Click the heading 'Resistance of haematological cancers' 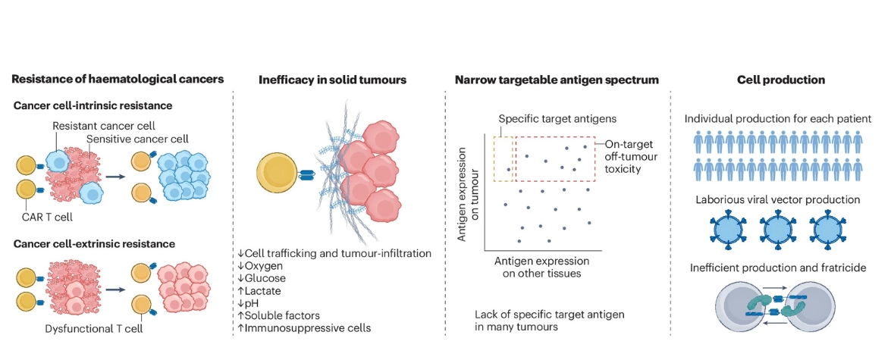point(118,80)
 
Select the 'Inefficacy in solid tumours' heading point(332,80)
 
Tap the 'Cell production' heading point(781,80)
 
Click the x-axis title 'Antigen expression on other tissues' point(541,267)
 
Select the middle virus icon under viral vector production point(781,230)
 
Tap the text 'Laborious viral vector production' point(781,200)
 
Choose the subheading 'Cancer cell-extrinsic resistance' point(94,244)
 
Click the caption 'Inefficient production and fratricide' point(781,268)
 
